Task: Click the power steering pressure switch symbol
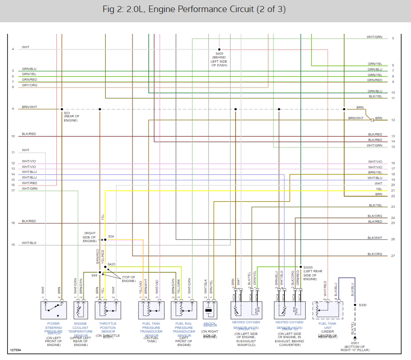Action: click(x=54, y=310)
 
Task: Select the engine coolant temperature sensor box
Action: click(x=81, y=310)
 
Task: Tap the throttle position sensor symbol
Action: click(x=107, y=310)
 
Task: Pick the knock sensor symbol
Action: click(x=209, y=310)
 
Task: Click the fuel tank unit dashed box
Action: click(x=328, y=309)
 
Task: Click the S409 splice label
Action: click(x=220, y=54)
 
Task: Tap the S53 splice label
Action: click(x=67, y=113)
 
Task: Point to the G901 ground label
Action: click(x=355, y=343)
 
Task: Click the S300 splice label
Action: click(x=363, y=305)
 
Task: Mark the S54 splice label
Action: click(x=111, y=237)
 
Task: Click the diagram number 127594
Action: click(x=16, y=350)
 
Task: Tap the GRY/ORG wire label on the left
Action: click(x=29, y=85)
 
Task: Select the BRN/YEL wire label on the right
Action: click(x=375, y=173)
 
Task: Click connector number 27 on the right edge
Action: click(x=393, y=256)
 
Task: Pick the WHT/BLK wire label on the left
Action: click(x=29, y=243)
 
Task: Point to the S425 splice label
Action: click(x=112, y=264)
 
